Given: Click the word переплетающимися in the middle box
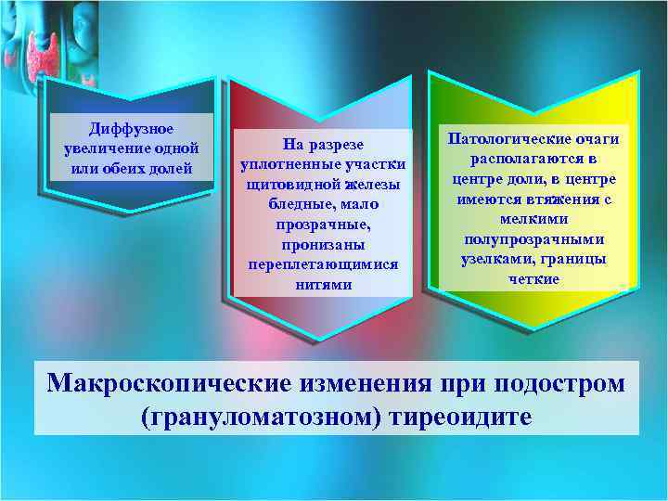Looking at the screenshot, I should pyautogui.click(x=323, y=264).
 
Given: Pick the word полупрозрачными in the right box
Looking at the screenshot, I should pyautogui.click(x=533, y=239).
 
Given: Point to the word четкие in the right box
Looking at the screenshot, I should pyautogui.click(x=533, y=279).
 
